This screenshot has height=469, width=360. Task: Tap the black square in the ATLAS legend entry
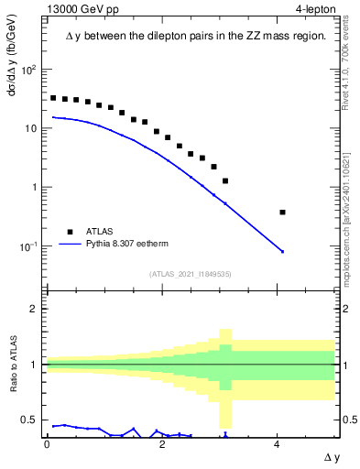pos(69,232)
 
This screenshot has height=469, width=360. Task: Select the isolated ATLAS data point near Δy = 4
pos(283,213)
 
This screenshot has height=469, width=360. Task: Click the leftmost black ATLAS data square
pos(53,98)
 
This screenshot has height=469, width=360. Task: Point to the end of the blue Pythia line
pos(283,251)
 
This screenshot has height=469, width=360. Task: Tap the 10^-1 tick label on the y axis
pos(30,246)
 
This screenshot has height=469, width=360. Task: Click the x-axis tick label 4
pos(278,443)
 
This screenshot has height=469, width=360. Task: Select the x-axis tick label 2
pos(162,443)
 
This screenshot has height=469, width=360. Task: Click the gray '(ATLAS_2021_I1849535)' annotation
pos(191,274)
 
